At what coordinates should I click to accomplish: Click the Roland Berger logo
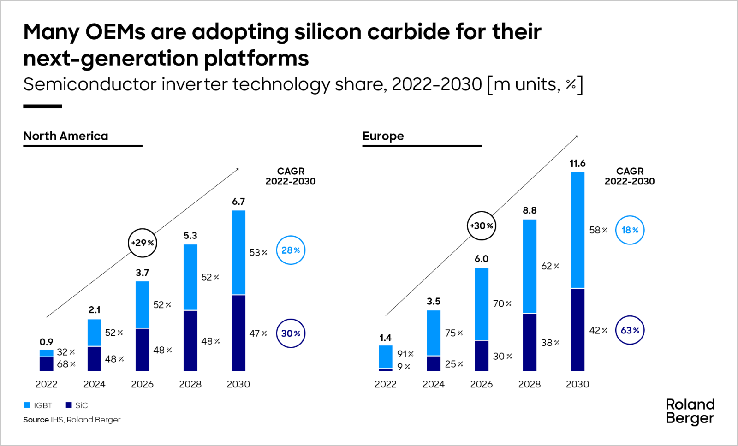click(690, 411)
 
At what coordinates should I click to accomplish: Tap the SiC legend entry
click(77, 405)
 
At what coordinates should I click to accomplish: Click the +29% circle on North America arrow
click(143, 243)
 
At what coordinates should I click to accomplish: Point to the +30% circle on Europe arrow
click(482, 226)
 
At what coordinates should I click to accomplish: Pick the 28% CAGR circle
click(291, 250)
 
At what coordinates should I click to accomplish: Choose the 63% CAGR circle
click(630, 330)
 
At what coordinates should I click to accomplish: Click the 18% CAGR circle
click(630, 230)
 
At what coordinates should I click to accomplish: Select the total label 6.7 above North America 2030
click(238, 202)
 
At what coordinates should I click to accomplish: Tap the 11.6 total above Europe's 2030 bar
click(577, 163)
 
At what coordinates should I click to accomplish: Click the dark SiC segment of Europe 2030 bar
click(577, 329)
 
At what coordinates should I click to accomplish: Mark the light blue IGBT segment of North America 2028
click(190, 277)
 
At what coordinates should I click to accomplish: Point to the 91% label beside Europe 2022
click(405, 354)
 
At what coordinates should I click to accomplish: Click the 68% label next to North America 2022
click(66, 364)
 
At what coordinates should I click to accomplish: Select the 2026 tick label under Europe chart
click(481, 384)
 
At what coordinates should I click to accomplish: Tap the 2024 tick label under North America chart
click(94, 384)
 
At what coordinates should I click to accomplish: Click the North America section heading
click(65, 136)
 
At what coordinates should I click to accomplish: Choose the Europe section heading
click(383, 136)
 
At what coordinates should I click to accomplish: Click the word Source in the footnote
click(36, 420)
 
